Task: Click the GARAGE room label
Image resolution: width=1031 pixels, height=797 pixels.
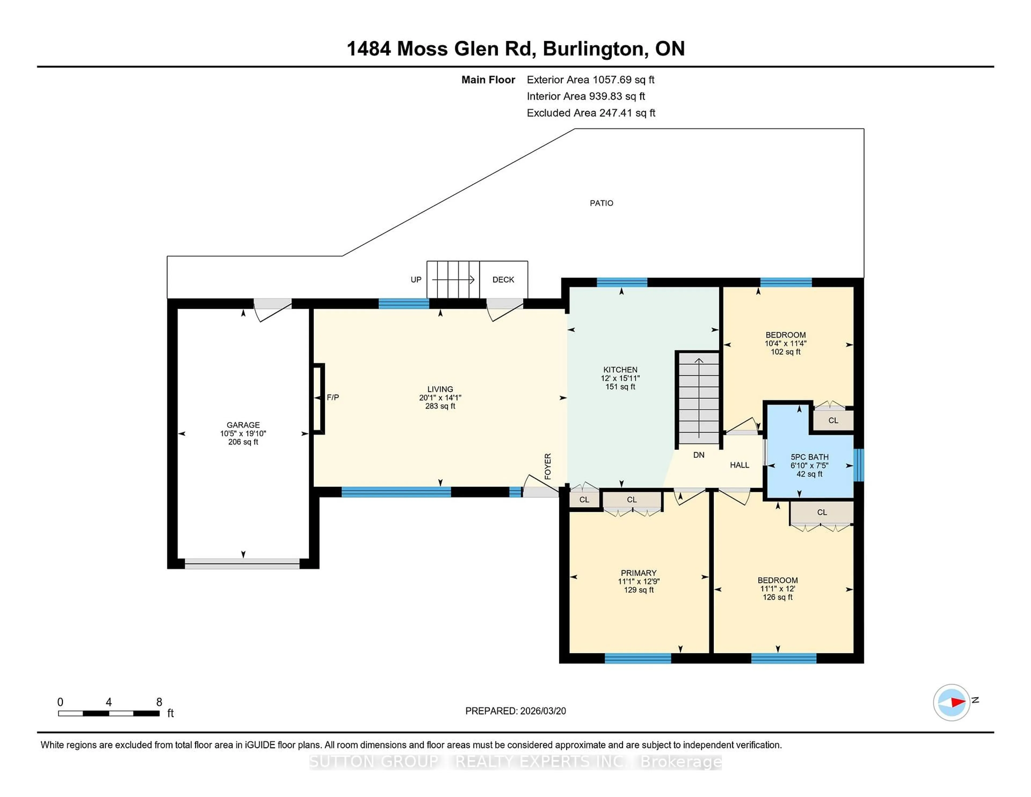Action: [x=243, y=425]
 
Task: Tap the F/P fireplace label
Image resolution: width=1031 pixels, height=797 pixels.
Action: [x=333, y=397]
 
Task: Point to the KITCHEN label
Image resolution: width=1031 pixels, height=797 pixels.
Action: [x=620, y=370]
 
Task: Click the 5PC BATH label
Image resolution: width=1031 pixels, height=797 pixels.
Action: [x=809, y=457]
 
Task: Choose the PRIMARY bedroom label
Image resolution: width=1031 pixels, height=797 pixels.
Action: [x=638, y=573]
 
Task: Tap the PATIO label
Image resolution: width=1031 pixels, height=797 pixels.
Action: [x=601, y=203]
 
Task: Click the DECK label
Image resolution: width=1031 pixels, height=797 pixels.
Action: [x=503, y=280]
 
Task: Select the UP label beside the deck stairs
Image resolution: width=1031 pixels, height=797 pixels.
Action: [x=416, y=280]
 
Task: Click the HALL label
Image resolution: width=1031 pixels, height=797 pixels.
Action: [x=739, y=465]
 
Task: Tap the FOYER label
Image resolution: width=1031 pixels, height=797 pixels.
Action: [x=548, y=466]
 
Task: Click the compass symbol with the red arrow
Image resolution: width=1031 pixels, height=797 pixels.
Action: [x=951, y=702]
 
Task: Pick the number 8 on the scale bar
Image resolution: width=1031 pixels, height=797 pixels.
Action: [x=159, y=702]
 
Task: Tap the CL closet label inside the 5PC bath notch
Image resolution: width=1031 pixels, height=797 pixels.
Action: [x=833, y=420]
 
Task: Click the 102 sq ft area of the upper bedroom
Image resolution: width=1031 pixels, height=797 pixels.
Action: [x=786, y=352]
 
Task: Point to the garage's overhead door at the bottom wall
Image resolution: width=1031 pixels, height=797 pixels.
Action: [x=242, y=563]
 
